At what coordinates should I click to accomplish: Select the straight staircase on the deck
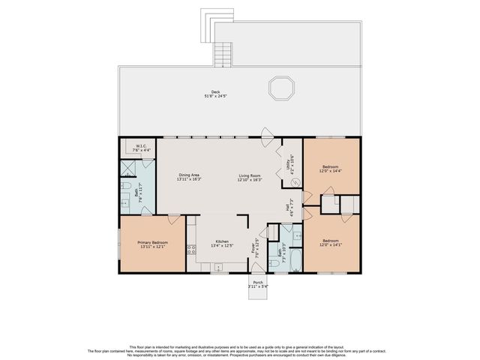coord(221,54)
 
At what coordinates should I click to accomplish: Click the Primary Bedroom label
coord(152,242)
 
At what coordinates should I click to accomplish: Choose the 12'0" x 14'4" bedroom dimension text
coord(331,172)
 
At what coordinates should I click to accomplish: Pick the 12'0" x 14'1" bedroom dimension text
coord(331,244)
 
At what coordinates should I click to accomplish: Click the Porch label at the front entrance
coord(257,283)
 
